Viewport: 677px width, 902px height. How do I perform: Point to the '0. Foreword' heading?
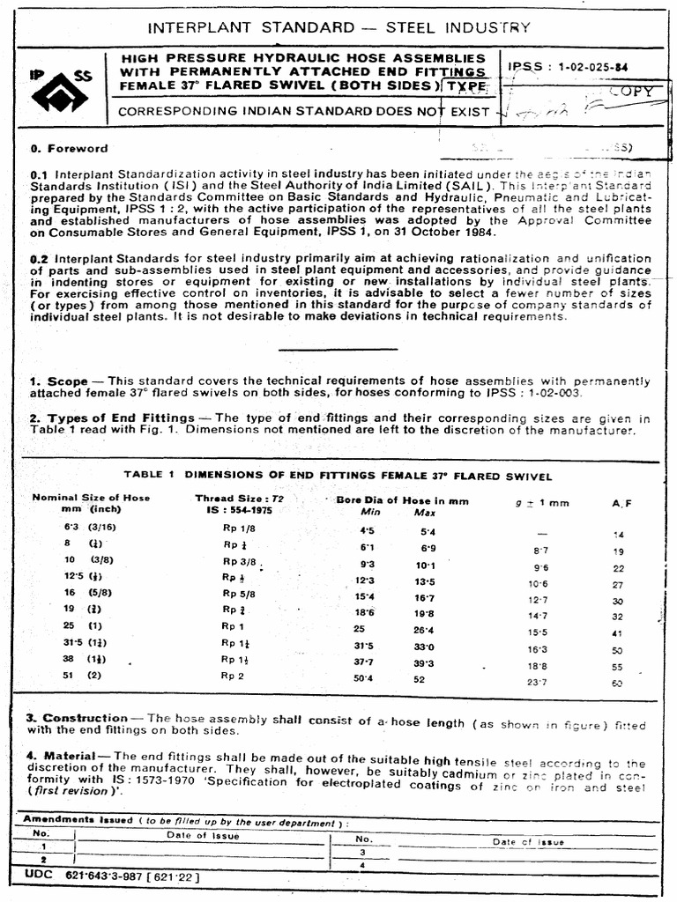pos(69,149)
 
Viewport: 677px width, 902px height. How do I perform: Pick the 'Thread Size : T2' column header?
pos(240,498)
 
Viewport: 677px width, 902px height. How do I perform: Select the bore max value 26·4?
pos(425,630)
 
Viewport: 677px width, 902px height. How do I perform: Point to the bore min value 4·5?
pos(367,531)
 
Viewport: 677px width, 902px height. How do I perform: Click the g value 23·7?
pos(539,682)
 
